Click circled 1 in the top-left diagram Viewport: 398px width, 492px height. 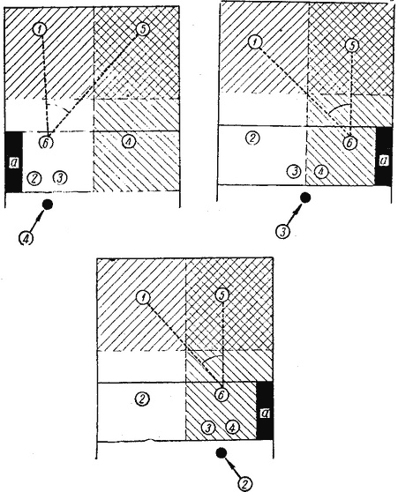pos(40,29)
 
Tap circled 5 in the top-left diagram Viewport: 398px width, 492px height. pos(143,29)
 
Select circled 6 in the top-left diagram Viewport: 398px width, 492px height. pos(46,143)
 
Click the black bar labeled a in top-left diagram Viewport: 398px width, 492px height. pos(13,162)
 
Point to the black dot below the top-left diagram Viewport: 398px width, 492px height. pos(48,205)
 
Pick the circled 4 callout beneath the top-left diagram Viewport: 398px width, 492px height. pos(26,238)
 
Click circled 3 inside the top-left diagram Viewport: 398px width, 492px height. pos(60,178)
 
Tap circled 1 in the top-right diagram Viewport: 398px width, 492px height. pos(254,41)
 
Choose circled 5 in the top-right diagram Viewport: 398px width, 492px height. pos(352,46)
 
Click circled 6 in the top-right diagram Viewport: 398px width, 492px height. pos(350,143)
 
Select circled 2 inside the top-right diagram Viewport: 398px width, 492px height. pos(253,138)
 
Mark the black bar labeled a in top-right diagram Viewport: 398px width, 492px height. pos(384,156)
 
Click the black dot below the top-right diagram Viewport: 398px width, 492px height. pos(305,198)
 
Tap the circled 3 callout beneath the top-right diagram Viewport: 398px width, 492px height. pos(282,231)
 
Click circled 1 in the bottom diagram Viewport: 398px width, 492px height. pos(143,297)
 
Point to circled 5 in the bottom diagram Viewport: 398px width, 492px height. pos(222,295)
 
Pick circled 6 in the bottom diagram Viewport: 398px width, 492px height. pos(222,395)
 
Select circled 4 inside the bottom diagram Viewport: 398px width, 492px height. pos(232,427)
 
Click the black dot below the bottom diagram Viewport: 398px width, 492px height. pos(222,453)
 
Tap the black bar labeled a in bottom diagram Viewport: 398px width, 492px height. pos(265,411)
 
